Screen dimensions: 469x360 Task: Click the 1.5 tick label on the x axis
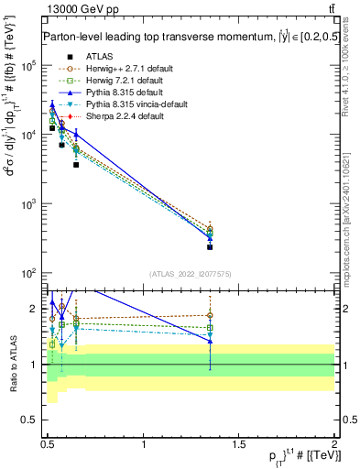[x=239, y=444]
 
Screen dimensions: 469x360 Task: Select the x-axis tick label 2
[x=333, y=444]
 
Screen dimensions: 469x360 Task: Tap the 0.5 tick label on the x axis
[x=49, y=444]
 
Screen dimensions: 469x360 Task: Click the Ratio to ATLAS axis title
[x=13, y=364]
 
